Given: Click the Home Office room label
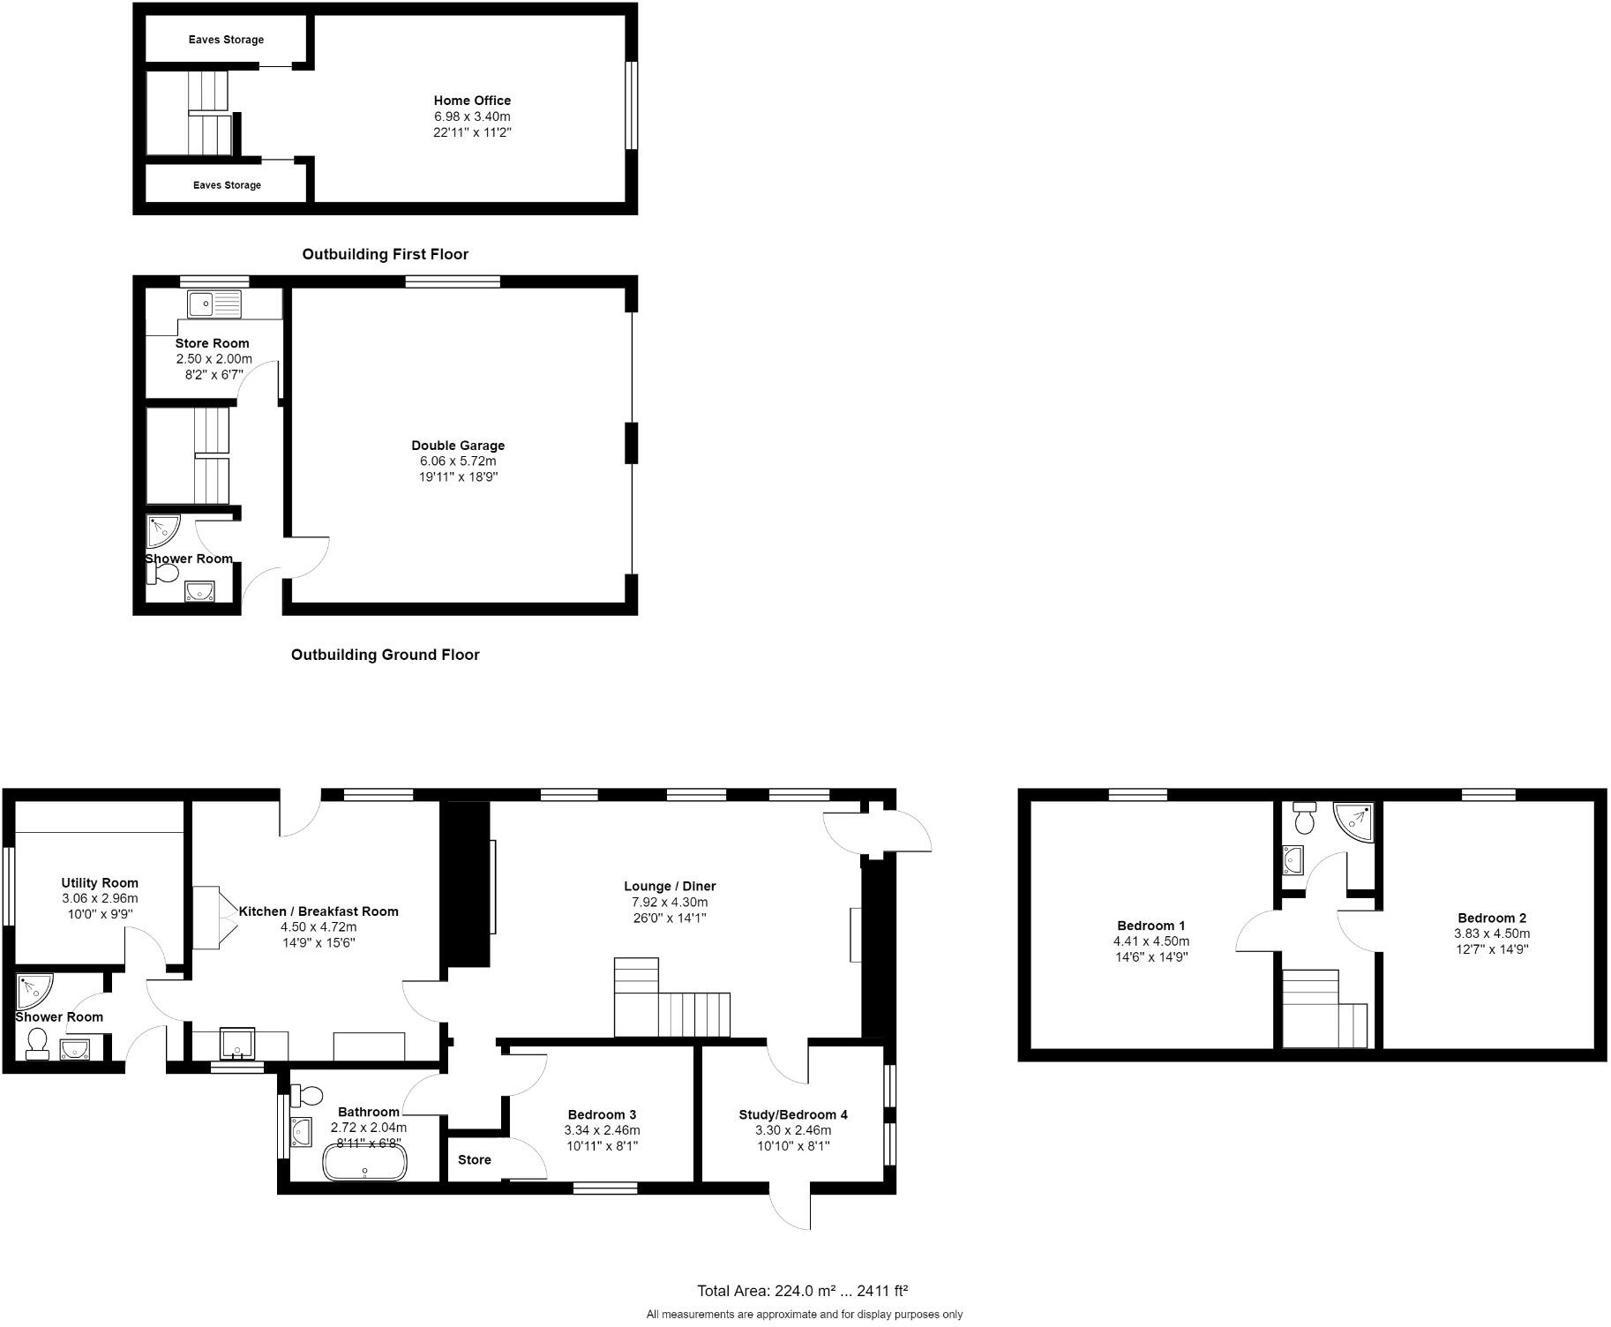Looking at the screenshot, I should (472, 101).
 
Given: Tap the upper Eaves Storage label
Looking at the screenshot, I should (226, 40).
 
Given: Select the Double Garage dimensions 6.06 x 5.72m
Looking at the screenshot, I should (458, 461).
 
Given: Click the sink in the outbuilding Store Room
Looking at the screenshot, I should (214, 304).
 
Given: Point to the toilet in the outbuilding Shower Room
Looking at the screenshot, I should (162, 574).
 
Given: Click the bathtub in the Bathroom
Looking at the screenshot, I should (364, 1162).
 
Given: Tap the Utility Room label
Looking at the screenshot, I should (100, 882).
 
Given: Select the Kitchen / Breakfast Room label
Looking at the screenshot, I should (318, 911).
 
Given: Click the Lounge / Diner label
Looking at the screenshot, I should (670, 886).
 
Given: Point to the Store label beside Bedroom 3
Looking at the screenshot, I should (475, 1159).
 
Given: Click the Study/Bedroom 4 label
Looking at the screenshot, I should (793, 1114).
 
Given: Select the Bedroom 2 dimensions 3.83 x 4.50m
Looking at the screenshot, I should (1492, 933).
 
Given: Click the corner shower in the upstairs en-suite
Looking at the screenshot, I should (1354, 817).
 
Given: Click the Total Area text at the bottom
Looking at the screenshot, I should (802, 1291).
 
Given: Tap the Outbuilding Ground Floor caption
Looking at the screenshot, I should (385, 655).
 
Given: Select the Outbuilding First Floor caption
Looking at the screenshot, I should (385, 254).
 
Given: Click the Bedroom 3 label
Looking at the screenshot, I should (602, 1114).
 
